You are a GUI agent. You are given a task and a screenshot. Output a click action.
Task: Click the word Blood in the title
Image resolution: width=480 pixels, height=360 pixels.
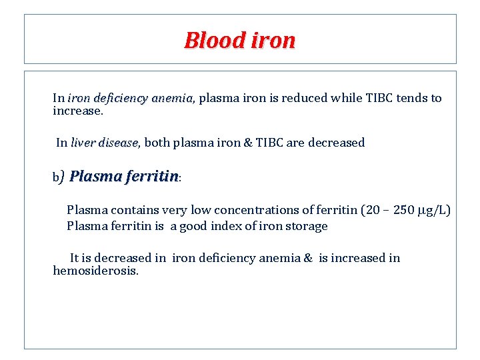coord(207,40)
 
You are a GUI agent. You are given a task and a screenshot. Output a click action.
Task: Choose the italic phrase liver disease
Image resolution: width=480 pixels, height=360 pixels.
coord(104,142)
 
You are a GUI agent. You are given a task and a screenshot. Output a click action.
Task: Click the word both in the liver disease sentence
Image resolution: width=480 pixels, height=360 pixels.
coord(157,142)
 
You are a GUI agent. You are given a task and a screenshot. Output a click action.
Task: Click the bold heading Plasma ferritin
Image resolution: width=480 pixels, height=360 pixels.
coord(124,177)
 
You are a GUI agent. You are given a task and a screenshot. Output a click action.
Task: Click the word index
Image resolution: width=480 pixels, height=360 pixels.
coord(225,226)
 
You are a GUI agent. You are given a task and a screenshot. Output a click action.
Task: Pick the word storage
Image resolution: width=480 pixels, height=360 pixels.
coord(306,226)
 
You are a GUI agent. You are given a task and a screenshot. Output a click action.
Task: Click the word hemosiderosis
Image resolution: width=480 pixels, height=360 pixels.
coord(95,271)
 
